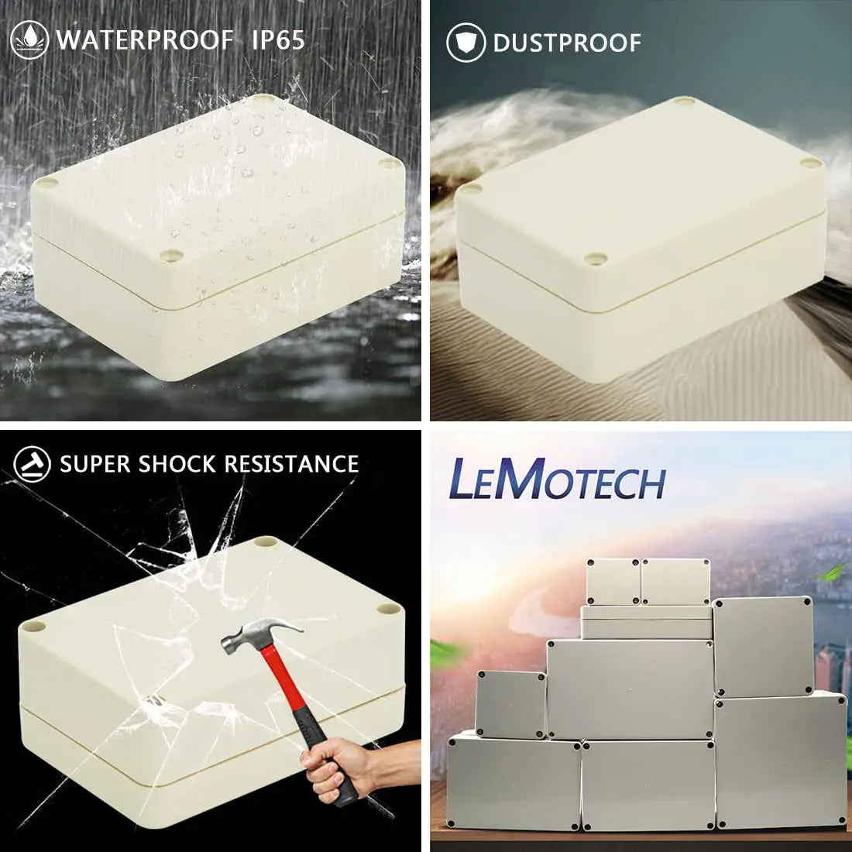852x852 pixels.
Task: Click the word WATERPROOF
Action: [x=144, y=40]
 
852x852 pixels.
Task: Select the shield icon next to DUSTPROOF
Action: [x=466, y=43]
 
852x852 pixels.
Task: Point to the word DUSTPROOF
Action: [x=567, y=43]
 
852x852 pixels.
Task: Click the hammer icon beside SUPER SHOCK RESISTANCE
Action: [x=33, y=465]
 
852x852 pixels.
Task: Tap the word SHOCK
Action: [x=177, y=465]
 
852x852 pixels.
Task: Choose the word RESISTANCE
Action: [x=291, y=465]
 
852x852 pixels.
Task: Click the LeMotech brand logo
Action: [x=558, y=480]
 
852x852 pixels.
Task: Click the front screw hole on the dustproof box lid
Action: [x=594, y=259]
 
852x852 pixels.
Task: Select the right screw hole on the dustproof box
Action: [x=810, y=163]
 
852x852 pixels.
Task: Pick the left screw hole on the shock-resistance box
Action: [x=33, y=624]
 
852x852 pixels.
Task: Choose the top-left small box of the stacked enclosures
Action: [x=613, y=582]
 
